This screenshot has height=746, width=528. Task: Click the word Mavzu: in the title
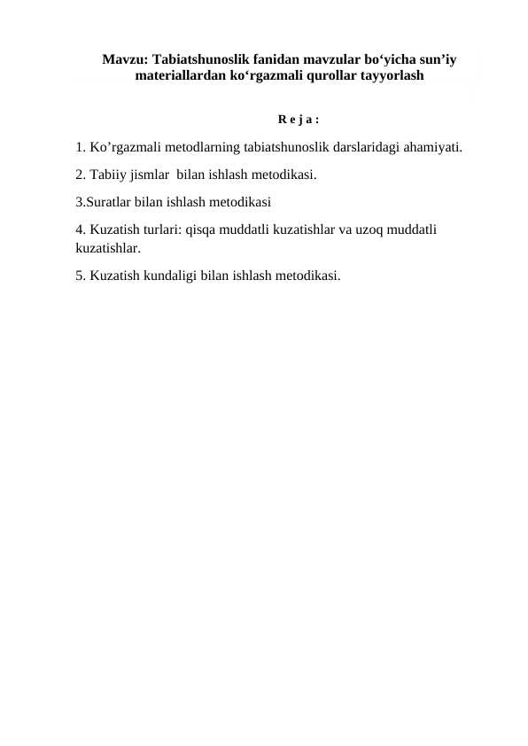coord(125,60)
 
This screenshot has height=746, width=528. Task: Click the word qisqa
coord(203,229)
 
